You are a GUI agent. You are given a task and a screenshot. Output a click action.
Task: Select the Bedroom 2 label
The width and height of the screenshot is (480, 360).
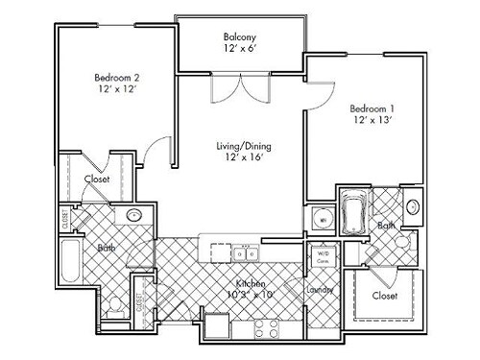117,78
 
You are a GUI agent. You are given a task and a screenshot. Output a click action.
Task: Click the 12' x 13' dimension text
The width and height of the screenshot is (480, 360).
372,122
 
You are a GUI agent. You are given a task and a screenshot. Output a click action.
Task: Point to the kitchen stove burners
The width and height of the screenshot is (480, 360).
261,330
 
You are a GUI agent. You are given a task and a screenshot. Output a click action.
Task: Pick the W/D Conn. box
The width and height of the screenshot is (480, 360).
322,256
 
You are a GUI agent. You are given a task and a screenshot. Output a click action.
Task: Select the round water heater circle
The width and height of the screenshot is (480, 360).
323,221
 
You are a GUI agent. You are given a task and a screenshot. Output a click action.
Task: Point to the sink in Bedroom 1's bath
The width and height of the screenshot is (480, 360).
413,206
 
